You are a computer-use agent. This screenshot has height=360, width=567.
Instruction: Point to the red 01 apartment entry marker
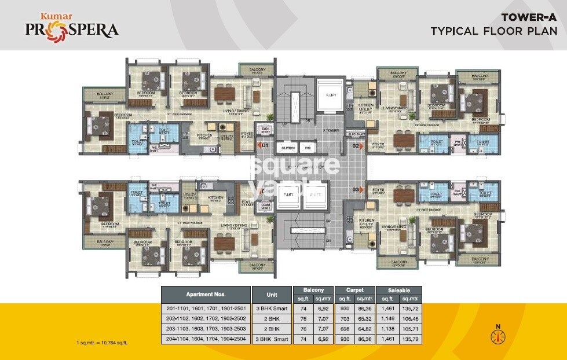[265, 146]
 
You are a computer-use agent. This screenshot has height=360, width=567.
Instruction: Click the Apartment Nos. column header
[206, 294]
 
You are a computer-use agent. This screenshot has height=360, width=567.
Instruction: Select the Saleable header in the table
[398, 289]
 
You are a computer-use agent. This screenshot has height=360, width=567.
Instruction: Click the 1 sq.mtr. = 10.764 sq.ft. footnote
[102, 343]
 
